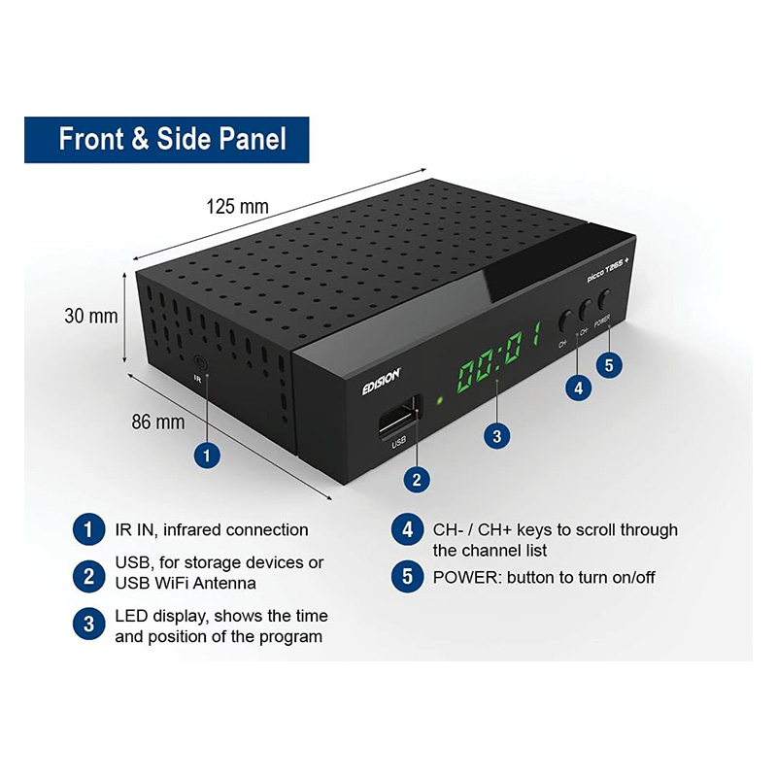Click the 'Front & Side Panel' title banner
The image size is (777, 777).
(166, 140)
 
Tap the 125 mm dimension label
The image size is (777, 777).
(237, 206)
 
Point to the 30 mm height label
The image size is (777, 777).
(91, 317)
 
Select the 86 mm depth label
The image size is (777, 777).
(158, 422)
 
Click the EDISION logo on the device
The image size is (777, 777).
(381, 382)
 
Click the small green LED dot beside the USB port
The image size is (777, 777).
(439, 400)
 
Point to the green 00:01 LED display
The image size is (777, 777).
(498, 355)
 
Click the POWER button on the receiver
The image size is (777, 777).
(604, 299)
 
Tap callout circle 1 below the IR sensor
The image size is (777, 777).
(207, 456)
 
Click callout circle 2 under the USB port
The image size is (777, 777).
(417, 479)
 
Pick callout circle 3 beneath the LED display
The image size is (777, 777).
(496, 436)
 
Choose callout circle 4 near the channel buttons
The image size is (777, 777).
(578, 388)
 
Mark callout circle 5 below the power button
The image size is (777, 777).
(609, 365)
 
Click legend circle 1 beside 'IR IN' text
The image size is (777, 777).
(88, 529)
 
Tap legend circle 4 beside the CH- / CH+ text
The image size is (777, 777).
(407, 529)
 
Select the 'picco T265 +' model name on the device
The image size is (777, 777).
(608, 270)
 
